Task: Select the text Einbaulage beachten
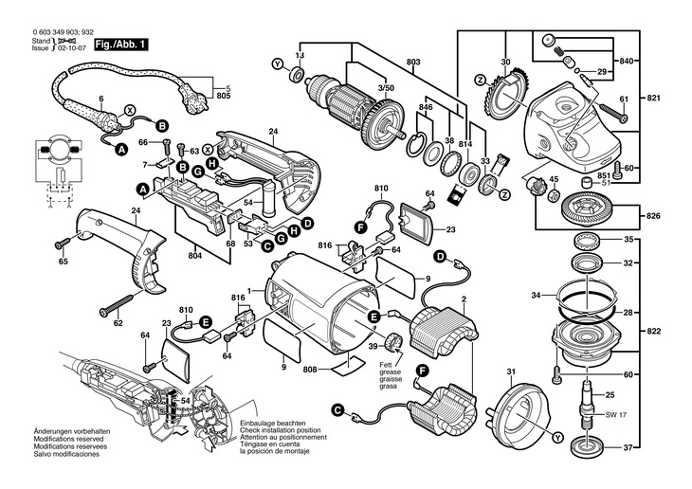(270, 422)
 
